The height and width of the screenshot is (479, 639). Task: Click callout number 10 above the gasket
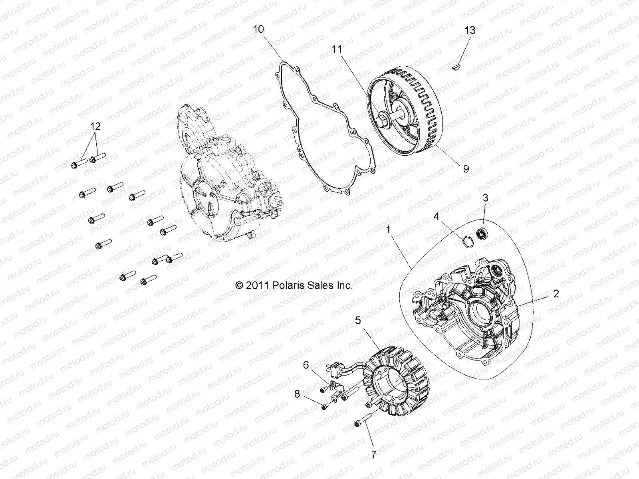click(258, 29)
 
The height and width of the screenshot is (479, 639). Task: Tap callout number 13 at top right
click(470, 31)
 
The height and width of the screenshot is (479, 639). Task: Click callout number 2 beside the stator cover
click(567, 294)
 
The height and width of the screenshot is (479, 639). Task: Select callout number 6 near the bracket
click(306, 364)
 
